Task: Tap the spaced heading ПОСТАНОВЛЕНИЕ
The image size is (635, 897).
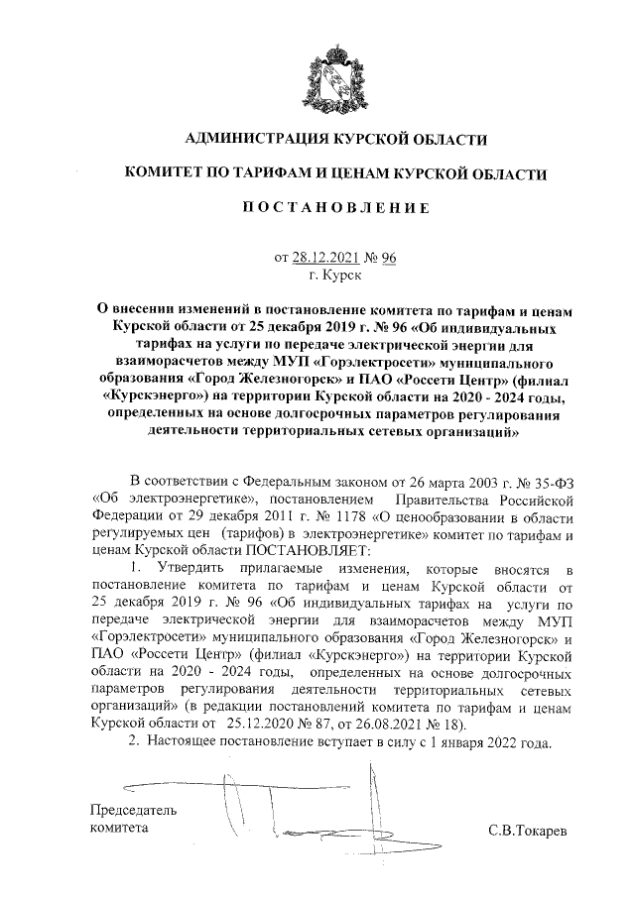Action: click(x=317, y=208)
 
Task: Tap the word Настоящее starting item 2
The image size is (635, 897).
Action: click(x=188, y=743)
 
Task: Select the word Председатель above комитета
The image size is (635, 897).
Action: click(x=134, y=810)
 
